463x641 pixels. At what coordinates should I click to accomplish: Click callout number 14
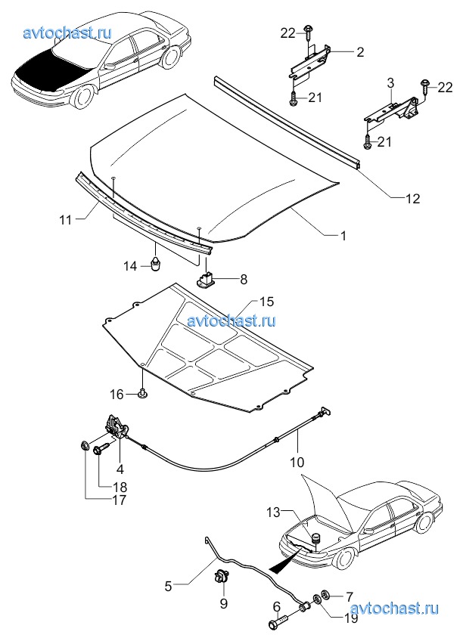coord(130,266)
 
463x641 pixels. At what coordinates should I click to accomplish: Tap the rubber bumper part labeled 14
coord(156,264)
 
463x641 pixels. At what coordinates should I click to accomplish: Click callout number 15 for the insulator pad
coord(266,302)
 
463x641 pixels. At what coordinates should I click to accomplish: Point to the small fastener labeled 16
coord(143,394)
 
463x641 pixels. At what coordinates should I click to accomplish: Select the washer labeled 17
coord(84,445)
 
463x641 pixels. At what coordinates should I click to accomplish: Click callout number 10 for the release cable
coord(297,462)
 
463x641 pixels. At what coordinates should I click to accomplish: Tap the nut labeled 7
coord(328,593)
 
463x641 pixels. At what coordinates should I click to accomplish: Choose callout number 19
coord(351,618)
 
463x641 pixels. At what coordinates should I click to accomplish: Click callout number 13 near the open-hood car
coord(274,512)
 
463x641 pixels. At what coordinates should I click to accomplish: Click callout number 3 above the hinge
coord(390,83)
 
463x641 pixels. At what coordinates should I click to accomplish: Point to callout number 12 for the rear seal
coord(413,198)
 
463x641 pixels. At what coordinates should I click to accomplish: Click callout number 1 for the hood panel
coord(343,236)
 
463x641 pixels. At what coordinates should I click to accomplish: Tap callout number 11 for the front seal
coord(66,220)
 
